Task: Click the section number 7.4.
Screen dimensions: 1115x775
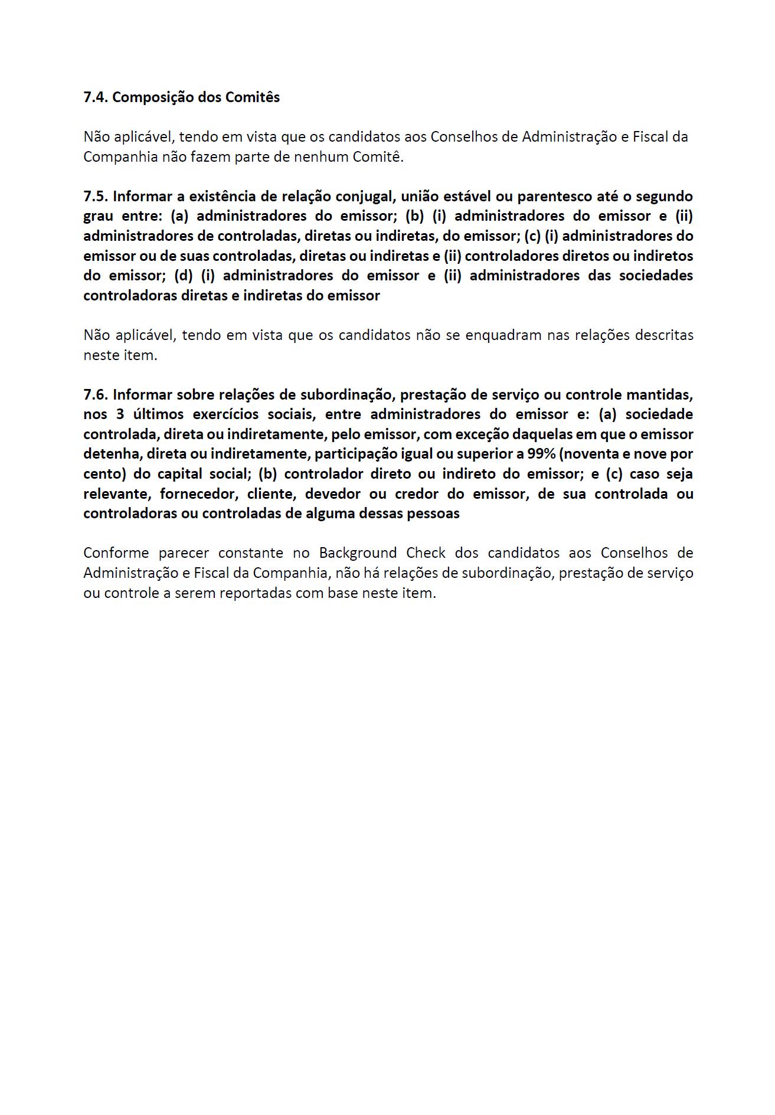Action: [96, 97]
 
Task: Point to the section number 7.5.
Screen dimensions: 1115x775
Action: [96, 196]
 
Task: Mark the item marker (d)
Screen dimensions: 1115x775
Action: [184, 276]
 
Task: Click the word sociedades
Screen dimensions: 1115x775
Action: [656, 276]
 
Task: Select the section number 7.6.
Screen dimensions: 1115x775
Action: [96, 394]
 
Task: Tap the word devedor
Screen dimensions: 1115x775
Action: [332, 493]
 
